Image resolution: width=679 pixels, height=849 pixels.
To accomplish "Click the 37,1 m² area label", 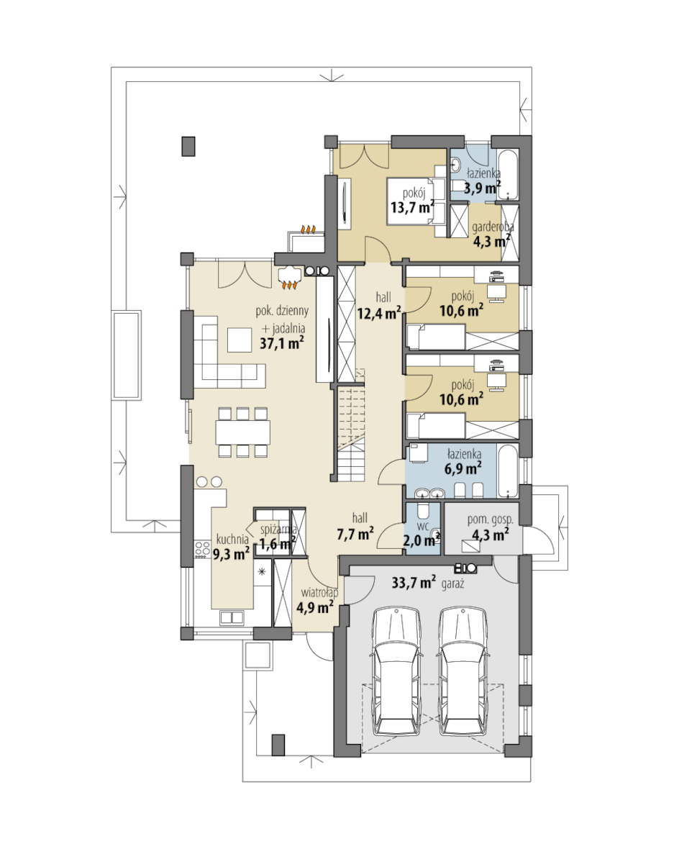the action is click(x=281, y=343).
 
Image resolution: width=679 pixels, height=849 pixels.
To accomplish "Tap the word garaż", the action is click(x=452, y=584).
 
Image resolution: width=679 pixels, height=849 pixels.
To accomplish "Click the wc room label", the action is click(x=423, y=525).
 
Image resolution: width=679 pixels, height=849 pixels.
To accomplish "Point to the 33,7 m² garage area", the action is click(x=414, y=583).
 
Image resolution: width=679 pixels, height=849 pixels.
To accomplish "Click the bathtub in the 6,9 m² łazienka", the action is click(x=507, y=471).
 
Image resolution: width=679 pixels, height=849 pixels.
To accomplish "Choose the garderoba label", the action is click(x=493, y=227).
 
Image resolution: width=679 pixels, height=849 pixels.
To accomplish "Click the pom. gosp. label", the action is click(x=490, y=519).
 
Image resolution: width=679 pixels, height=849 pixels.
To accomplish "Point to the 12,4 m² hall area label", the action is click(x=379, y=313).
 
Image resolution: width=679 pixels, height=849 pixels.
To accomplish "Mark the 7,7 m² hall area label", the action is click(x=355, y=535).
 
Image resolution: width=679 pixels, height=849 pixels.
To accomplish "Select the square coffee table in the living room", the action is click(x=239, y=340).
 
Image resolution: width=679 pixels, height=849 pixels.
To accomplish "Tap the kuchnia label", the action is click(x=232, y=540).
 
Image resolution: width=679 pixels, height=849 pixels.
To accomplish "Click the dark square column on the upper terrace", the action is click(x=188, y=146).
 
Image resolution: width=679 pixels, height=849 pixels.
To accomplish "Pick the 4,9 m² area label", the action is click(x=314, y=607).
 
